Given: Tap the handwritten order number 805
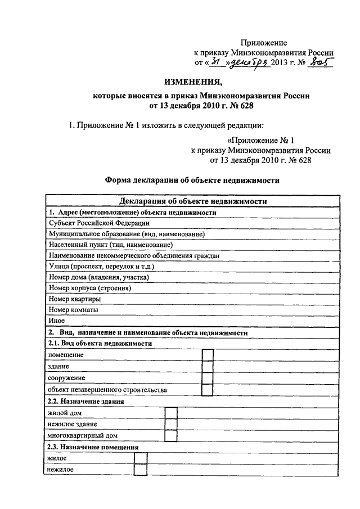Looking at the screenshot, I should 319,62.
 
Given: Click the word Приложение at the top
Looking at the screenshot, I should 264,43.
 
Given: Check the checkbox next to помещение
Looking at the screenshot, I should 207,355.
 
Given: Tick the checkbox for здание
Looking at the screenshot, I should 207,367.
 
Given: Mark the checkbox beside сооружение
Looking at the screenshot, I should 207,379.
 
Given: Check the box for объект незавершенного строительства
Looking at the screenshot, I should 207,390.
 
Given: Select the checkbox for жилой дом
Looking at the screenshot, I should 172,413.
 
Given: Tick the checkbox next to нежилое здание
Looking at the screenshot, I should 172,424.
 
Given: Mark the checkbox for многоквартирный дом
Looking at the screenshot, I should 172,435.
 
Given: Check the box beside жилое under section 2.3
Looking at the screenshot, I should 141,459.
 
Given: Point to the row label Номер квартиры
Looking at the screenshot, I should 75,299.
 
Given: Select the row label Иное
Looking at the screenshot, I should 57,321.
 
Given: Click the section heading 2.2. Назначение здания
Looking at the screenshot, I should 86,402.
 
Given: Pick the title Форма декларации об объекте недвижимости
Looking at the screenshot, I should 192,181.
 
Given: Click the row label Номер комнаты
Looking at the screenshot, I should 74,310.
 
